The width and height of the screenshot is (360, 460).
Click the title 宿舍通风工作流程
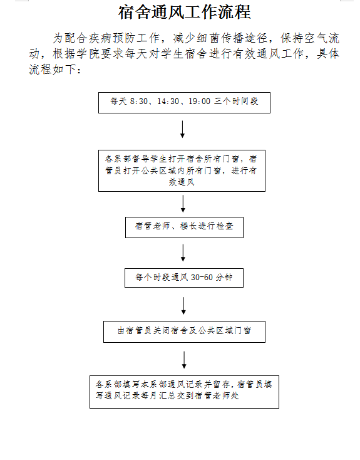tap(185, 13)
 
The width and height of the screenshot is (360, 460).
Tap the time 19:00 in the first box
tap(199, 102)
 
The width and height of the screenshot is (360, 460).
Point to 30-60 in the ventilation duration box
tap(202, 277)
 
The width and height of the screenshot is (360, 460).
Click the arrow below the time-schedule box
tap(182, 129)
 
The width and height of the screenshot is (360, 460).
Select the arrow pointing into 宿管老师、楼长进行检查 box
tap(183, 204)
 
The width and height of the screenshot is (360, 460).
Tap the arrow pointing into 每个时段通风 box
tap(183, 253)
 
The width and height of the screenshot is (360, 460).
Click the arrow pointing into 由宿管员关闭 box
tap(183, 306)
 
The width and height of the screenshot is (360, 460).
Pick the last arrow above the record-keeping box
tap(184, 360)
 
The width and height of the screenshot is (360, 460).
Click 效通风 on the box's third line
tap(182, 182)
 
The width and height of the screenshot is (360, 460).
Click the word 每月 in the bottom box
tap(149, 395)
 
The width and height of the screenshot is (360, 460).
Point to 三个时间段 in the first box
tap(236, 102)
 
